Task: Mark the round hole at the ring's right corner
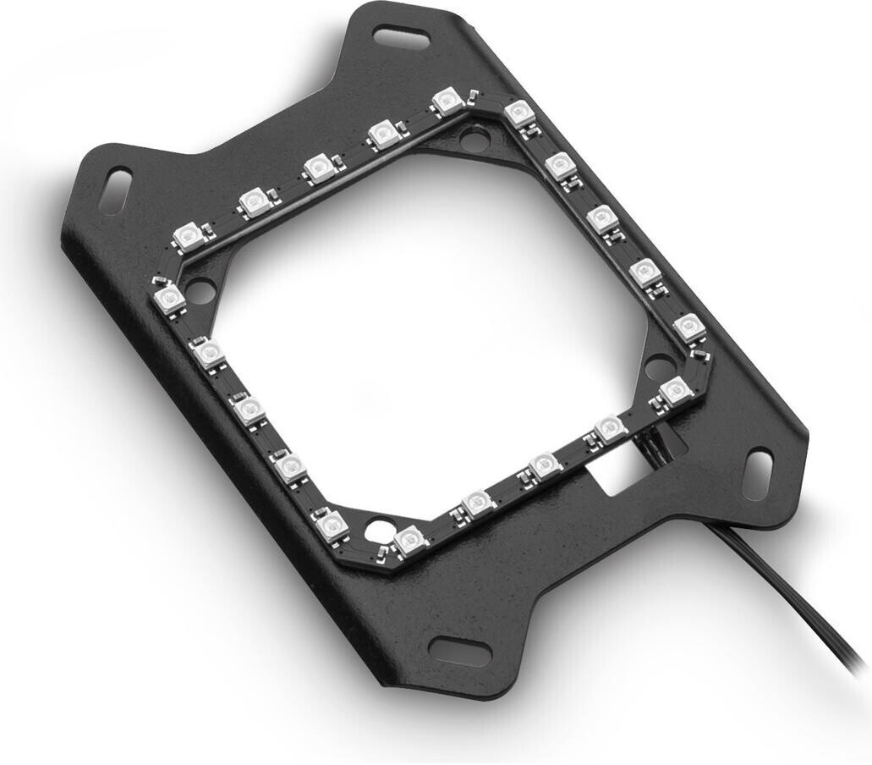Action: [658, 369]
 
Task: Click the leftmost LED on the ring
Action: [169, 297]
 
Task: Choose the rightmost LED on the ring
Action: [688, 326]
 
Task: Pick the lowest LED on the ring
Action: [409, 539]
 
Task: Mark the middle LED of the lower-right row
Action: [544, 465]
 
